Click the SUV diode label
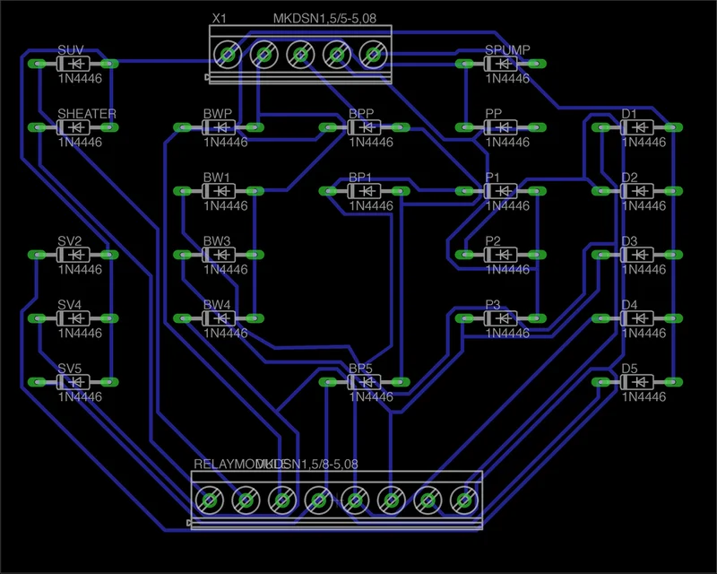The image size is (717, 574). point(72,50)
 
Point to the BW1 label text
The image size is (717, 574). point(217,178)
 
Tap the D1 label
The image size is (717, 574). point(629,114)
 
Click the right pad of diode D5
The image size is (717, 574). point(672,383)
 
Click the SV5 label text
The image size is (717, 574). point(70,369)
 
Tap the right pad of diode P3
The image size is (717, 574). point(536,319)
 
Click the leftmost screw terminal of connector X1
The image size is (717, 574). point(229,56)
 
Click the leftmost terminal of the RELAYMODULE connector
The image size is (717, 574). point(209,498)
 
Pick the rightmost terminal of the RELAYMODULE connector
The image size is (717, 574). point(464,498)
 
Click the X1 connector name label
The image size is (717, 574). point(219,19)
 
